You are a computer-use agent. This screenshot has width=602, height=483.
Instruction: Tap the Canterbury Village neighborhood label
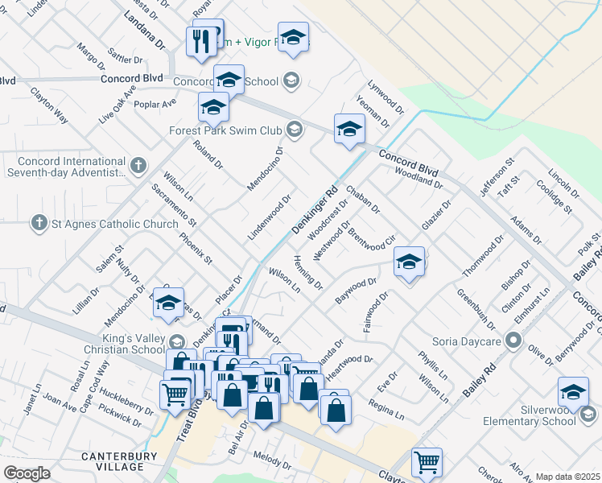click(112, 462)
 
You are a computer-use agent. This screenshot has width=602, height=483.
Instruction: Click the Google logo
click(27, 473)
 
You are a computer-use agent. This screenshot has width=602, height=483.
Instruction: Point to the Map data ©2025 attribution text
click(567, 477)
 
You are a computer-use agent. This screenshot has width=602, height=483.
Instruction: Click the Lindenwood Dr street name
click(269, 217)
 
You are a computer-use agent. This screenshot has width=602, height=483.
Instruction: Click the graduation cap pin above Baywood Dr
click(409, 263)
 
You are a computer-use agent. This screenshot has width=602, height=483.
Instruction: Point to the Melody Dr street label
click(272, 460)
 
